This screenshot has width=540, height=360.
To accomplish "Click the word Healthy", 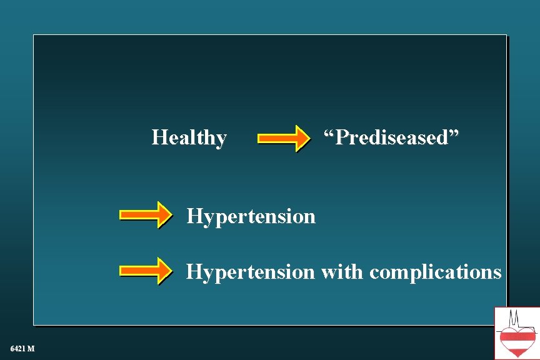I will click(189, 137).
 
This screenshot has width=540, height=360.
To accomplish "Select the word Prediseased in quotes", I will click(391, 137).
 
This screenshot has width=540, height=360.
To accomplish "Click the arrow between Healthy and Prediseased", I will click(284, 138).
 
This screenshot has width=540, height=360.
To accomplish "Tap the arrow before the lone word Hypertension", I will click(146, 215).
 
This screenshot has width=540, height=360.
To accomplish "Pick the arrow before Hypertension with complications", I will click(146, 271).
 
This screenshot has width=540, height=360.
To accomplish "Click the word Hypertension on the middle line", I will click(251, 217).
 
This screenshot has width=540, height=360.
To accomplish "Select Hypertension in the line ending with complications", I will click(251, 272).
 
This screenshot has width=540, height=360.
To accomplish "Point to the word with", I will click(342, 272).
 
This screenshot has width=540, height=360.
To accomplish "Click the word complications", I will click(435, 272).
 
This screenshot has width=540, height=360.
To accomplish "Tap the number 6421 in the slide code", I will click(17, 347).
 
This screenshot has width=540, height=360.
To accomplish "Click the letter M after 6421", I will click(31, 347).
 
